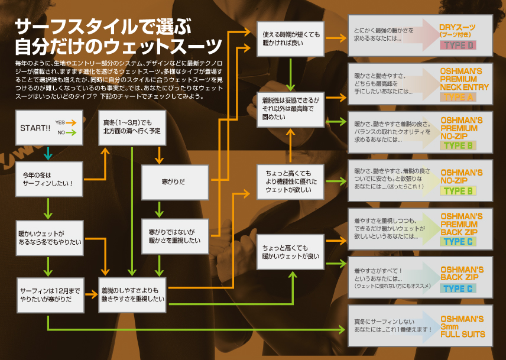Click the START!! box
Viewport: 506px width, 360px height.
tap(49, 128)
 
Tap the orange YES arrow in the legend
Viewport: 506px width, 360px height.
tap(71, 122)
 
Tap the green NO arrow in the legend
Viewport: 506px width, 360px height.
tap(71, 132)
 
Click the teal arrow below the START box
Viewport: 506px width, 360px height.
tap(48, 154)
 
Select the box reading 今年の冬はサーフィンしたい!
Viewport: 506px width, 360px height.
tap(49, 179)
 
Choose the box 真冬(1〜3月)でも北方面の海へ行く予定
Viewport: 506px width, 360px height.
tap(132, 128)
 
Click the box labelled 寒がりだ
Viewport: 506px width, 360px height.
tap(175, 182)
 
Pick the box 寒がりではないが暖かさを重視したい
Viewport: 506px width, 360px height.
tap(175, 236)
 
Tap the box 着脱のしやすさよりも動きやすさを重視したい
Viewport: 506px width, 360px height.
tap(132, 295)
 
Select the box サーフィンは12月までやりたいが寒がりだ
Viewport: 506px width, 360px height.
tap(50, 295)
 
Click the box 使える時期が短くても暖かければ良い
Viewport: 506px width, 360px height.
tap(290, 38)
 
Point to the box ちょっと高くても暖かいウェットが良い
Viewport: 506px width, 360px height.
tap(290, 252)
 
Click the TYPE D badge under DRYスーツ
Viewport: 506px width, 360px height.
tap(458, 45)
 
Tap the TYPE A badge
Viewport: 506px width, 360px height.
tap(458, 97)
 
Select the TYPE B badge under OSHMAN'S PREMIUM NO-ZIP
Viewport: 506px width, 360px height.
tap(458, 145)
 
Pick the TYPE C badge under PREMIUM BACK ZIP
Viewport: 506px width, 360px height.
tap(458, 242)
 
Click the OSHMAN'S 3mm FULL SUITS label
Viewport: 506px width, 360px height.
tap(463, 326)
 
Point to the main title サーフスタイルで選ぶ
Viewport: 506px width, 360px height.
tap(103, 27)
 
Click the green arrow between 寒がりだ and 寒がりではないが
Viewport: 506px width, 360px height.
tap(159, 210)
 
